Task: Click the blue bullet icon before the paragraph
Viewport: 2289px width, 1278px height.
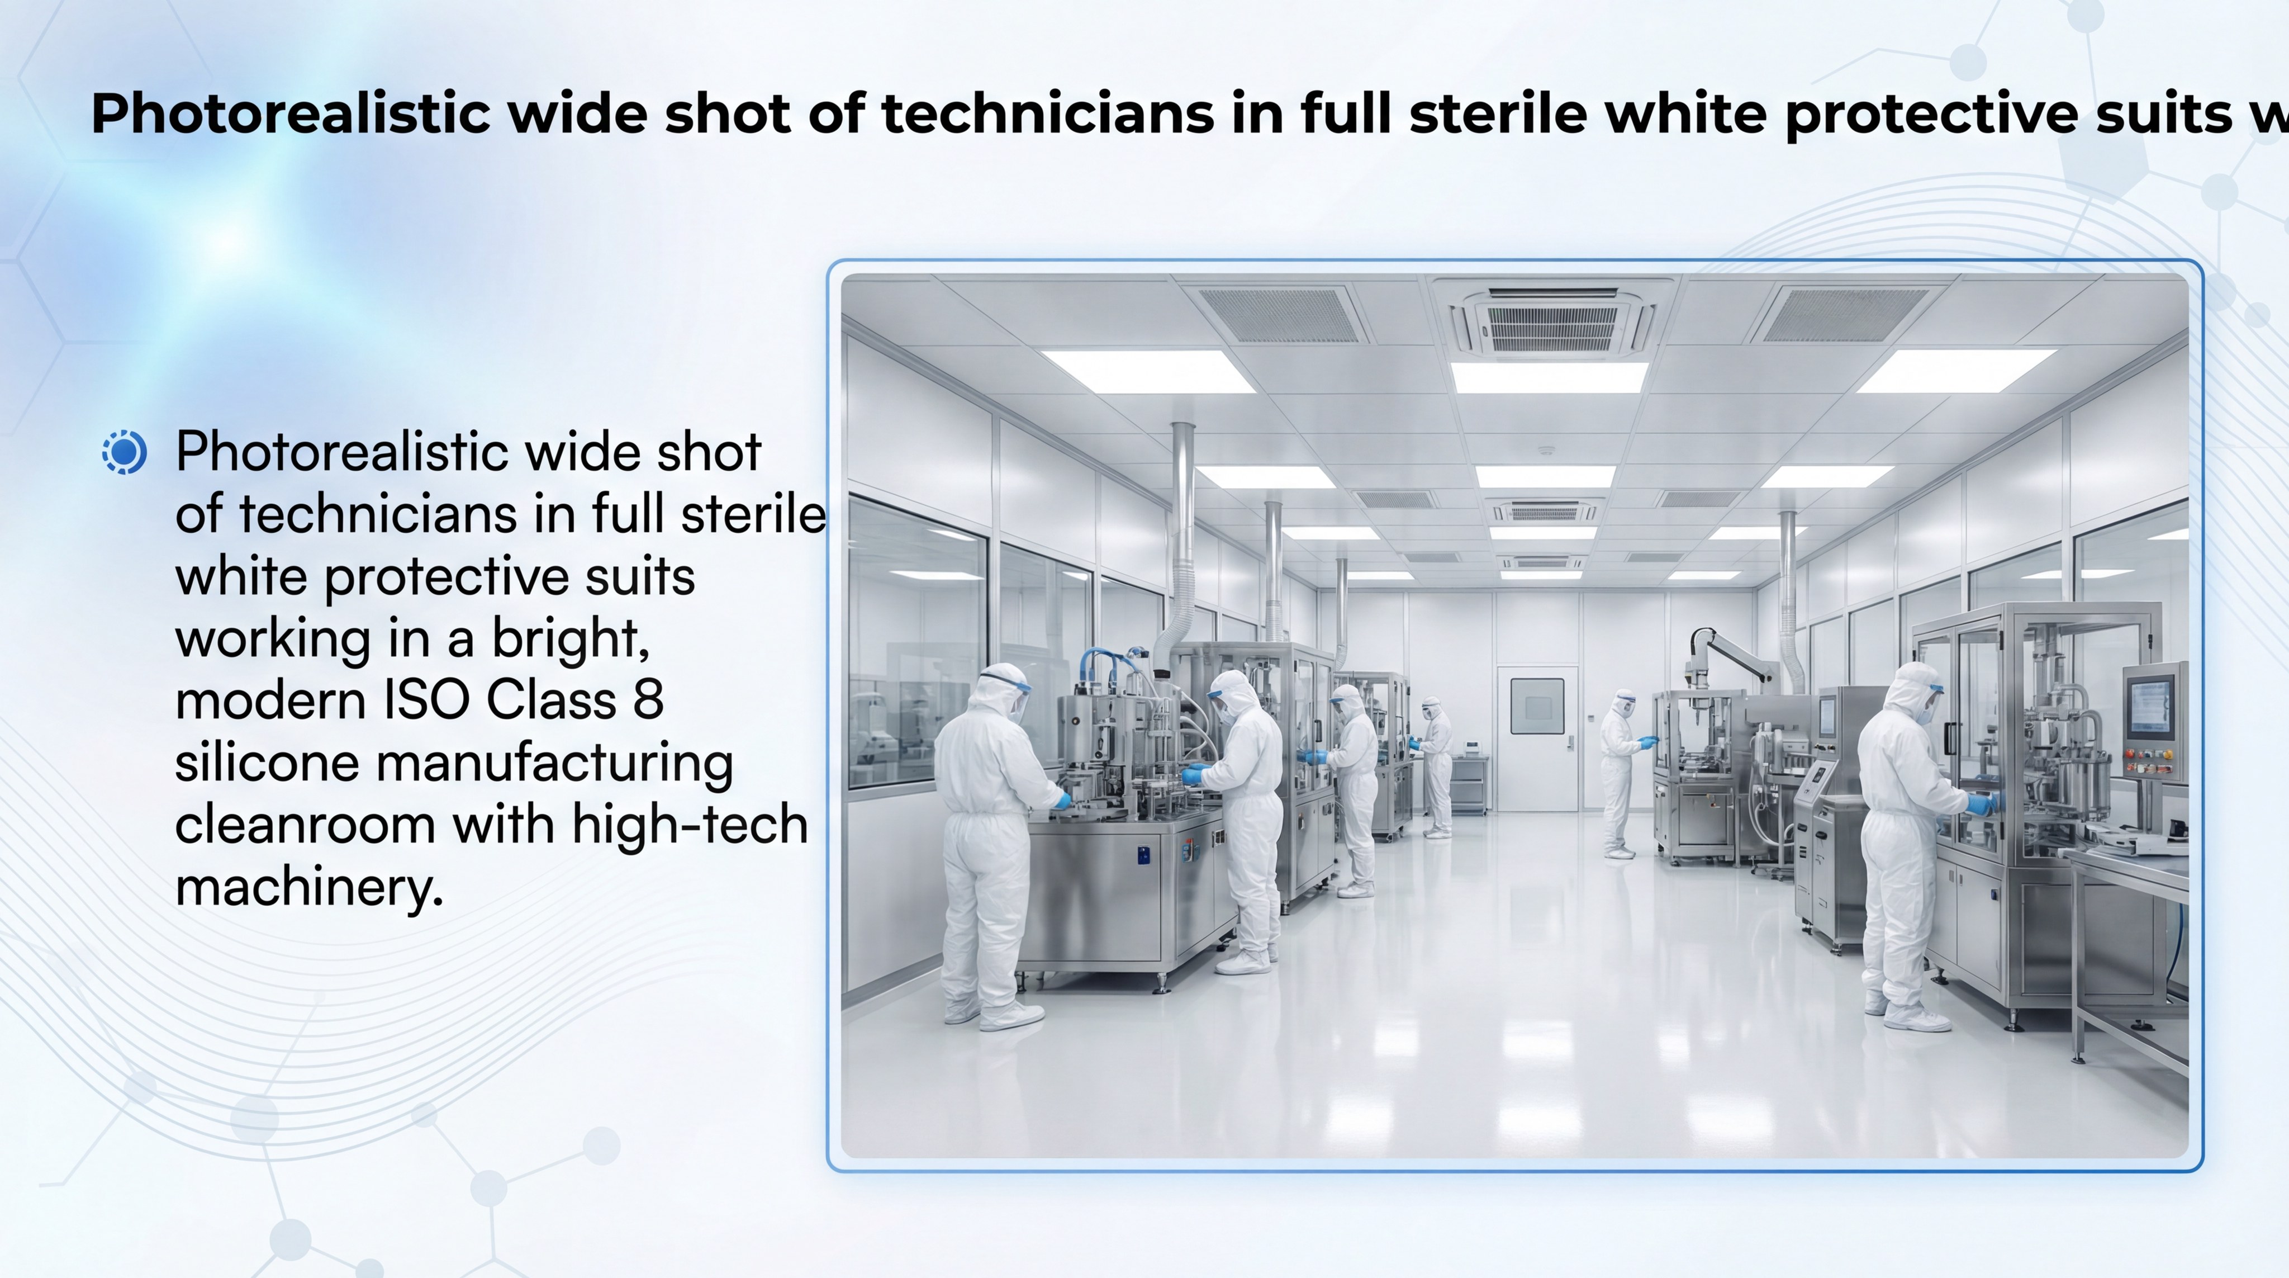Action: point(125,452)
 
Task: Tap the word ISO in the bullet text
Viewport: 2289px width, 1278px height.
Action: point(426,700)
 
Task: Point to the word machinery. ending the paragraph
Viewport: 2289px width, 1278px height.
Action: point(308,887)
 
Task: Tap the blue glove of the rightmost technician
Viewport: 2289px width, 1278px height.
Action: point(1981,804)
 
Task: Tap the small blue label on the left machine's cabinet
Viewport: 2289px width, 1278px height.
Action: point(1143,855)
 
